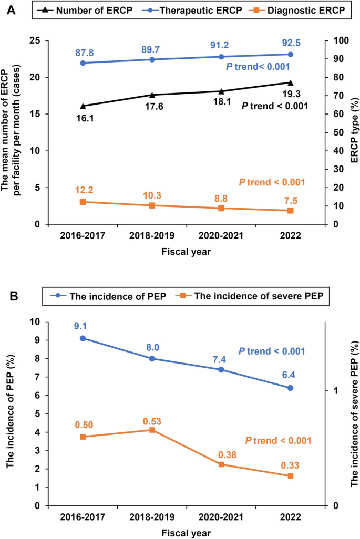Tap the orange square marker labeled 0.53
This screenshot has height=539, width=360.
(x=152, y=430)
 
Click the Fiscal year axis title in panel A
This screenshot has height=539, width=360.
(x=187, y=252)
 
